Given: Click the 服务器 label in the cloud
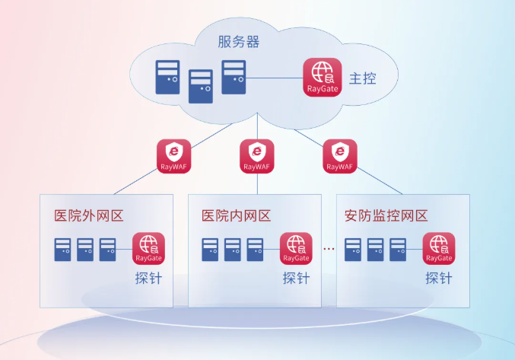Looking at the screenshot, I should (238, 42).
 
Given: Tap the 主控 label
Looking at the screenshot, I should (363, 79).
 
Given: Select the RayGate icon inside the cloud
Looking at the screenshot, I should (323, 77).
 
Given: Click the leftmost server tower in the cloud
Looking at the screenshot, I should (167, 78).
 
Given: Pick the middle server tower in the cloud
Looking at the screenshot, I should (200, 86).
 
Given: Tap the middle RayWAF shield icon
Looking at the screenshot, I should (257, 155).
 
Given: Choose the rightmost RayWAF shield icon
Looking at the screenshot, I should (339, 155).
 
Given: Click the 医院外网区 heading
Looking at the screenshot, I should (88, 215).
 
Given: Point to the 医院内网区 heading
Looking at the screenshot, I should (236, 215).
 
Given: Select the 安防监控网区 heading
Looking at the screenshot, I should (386, 215).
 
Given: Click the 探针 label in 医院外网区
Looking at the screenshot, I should (148, 279).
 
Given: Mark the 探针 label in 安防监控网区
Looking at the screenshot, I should (439, 279).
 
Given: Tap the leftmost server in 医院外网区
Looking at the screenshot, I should (62, 250).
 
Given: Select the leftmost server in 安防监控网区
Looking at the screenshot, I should (353, 250).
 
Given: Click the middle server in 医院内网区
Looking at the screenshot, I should (233, 250).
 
